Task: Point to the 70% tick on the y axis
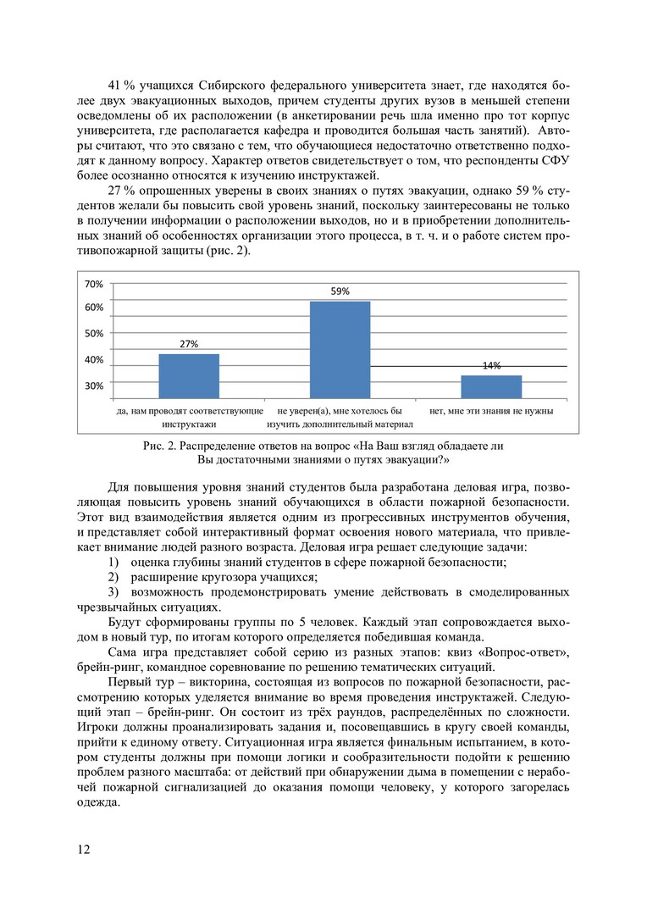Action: [x=93, y=284]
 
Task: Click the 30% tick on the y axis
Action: [x=93, y=385]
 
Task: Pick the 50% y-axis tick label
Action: [x=93, y=334]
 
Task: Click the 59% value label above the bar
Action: [x=340, y=291]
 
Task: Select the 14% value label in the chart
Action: [x=491, y=366]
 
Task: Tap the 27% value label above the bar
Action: [x=189, y=344]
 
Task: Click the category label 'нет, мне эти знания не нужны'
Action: [x=491, y=411]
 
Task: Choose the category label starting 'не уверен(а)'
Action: [x=340, y=411]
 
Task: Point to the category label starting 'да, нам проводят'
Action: [x=189, y=411]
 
